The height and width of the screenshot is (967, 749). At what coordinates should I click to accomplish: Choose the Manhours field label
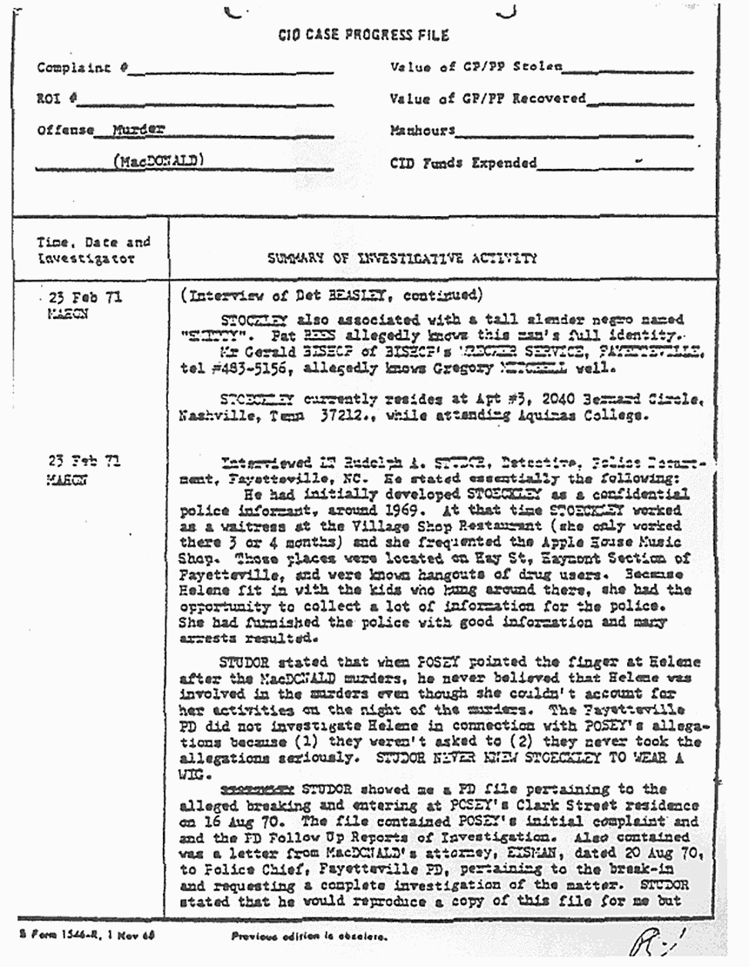point(422,131)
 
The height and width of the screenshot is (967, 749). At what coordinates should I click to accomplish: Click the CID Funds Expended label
point(463,162)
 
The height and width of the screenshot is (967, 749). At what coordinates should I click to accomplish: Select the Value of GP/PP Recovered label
point(488,99)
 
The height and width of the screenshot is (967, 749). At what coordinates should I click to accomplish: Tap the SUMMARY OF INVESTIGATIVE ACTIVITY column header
point(401,259)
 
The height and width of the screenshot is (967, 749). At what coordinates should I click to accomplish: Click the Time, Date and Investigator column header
point(92,251)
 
